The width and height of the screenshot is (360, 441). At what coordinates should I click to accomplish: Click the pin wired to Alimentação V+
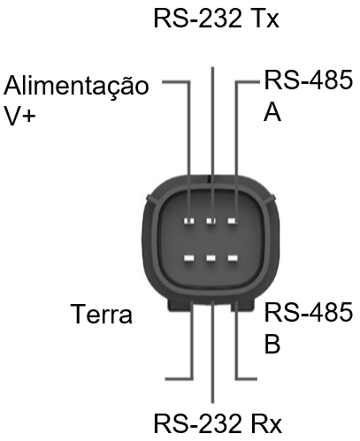coord(189,221)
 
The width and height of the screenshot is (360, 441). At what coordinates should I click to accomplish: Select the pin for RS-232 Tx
coord(211,221)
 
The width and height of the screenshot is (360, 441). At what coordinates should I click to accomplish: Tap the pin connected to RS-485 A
coord(233,221)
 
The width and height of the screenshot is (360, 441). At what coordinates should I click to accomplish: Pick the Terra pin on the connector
coord(189,258)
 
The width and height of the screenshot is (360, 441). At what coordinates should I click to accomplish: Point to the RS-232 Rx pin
coord(211,258)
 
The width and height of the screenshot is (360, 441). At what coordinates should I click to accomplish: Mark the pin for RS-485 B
coord(233,258)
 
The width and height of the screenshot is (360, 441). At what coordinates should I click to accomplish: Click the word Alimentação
coord(76,85)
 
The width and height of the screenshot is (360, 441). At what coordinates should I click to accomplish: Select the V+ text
coord(19,116)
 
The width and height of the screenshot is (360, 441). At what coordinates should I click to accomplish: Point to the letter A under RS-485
coord(272,111)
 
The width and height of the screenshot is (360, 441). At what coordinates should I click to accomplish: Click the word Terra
coord(102,314)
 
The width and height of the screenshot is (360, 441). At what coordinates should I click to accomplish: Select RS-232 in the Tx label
coord(198,19)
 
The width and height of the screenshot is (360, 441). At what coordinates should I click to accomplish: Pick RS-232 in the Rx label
coord(198,423)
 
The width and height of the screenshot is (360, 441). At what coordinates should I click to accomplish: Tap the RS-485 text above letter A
coord(309,80)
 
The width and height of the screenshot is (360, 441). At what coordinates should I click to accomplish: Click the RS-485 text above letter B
coord(309,312)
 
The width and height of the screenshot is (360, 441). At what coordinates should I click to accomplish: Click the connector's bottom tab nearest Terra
coord(180,306)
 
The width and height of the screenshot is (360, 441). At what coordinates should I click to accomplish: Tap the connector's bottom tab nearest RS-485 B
coord(242,306)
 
